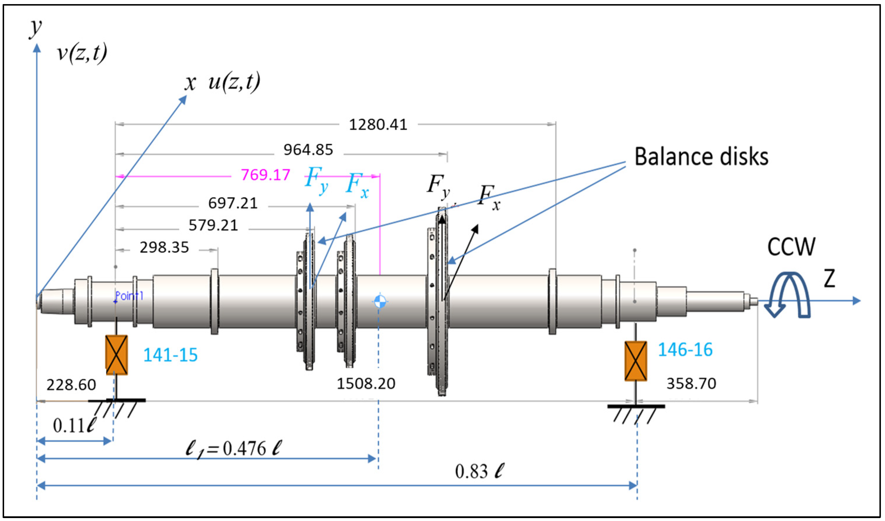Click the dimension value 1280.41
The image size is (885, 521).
pyautogui.click(x=378, y=125)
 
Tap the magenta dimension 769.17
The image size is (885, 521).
pyautogui.click(x=265, y=175)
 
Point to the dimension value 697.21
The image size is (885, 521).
pyautogui.click(x=233, y=203)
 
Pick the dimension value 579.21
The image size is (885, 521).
pyautogui.click(x=213, y=225)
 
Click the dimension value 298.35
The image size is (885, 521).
pyautogui.click(x=164, y=248)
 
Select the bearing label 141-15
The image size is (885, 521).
pyautogui.click(x=170, y=355)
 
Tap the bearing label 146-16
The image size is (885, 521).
pyautogui.click(x=685, y=349)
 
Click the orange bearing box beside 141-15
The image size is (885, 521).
pyautogui.click(x=117, y=355)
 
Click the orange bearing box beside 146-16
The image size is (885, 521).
pyautogui.click(x=636, y=361)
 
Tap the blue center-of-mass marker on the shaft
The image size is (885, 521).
pyautogui.click(x=379, y=301)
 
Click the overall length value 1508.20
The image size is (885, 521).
pyautogui.click(x=366, y=383)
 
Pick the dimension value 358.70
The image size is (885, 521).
pyautogui.click(x=691, y=383)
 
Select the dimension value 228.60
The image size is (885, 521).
pyautogui.click(x=71, y=385)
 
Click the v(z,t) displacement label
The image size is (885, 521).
pyautogui.click(x=82, y=53)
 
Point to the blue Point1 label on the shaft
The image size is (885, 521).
pyautogui.click(x=129, y=296)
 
